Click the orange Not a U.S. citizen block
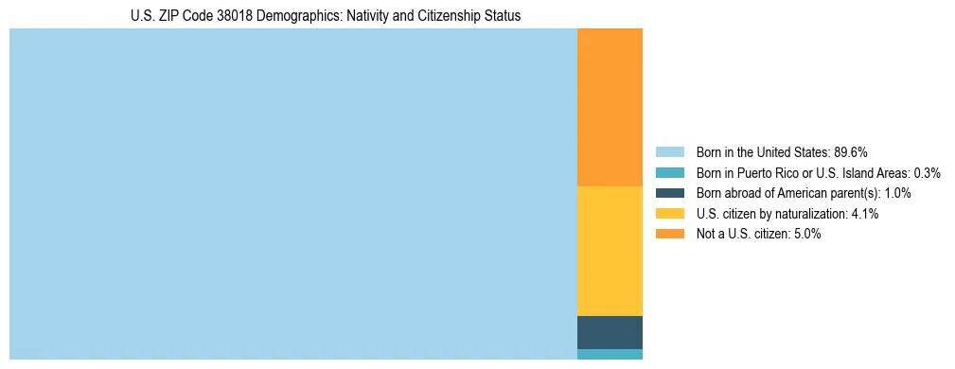pos(610,107)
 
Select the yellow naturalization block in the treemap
pos(610,251)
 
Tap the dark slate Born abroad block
pos(610,332)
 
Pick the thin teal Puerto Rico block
pos(610,355)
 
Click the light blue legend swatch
pos(669,151)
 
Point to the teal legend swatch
pos(669,172)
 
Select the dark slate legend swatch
pos(669,193)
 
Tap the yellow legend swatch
pos(669,214)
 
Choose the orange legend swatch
pos(669,235)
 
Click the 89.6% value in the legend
pos(851,151)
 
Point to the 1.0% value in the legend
pos(897,193)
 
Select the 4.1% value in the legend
pos(865,214)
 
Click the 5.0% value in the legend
pos(807,235)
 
